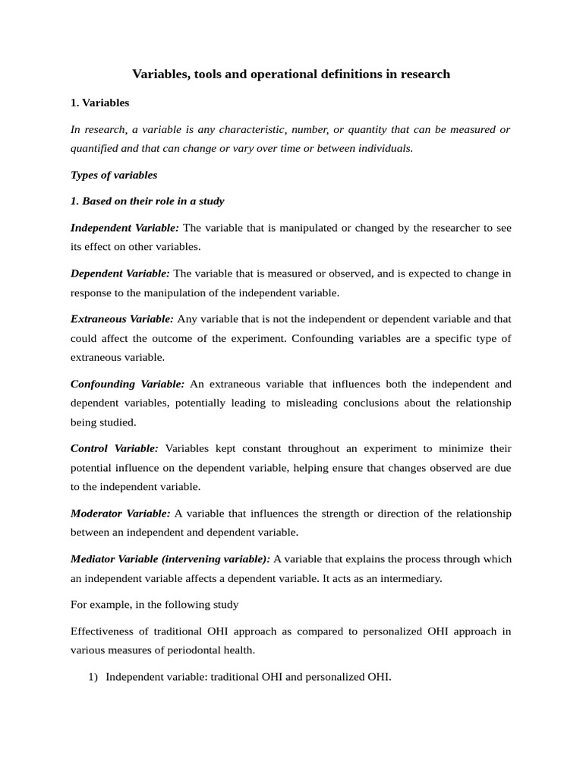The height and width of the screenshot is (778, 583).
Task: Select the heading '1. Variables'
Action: click(99, 103)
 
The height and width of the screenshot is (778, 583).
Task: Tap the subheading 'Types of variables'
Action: click(114, 176)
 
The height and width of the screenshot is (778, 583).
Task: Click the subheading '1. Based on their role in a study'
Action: click(147, 201)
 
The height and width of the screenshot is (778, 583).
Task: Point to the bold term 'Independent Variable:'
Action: click(124, 228)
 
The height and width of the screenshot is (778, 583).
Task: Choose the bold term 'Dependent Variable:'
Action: click(120, 274)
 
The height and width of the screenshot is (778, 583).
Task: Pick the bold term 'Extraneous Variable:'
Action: click(122, 319)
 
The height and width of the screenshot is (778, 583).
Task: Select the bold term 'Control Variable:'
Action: click(115, 448)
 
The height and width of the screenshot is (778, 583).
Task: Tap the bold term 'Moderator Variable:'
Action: click(121, 514)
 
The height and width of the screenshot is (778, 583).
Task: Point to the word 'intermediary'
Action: click(411, 578)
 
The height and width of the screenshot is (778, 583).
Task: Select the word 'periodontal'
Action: click(194, 650)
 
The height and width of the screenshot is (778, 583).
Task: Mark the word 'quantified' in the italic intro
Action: click(97, 149)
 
